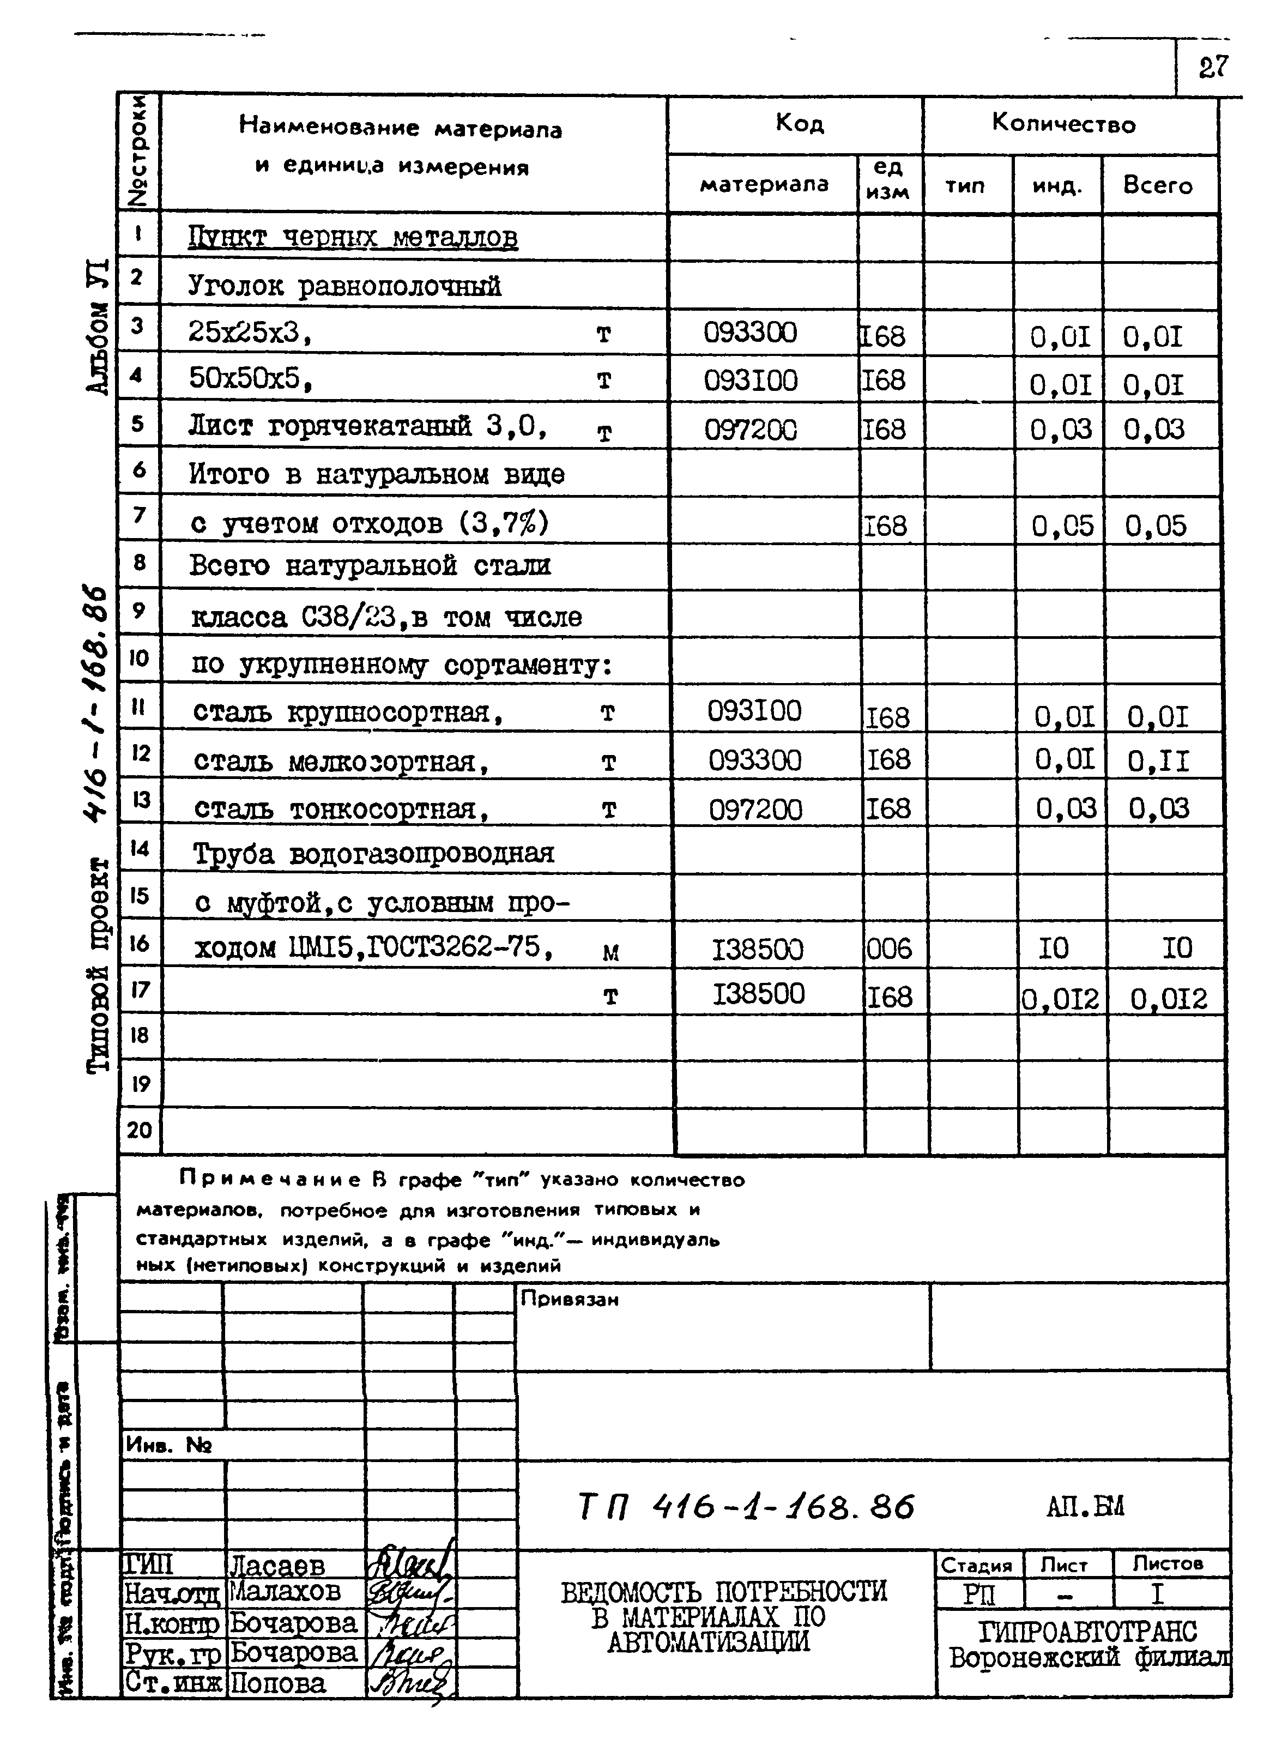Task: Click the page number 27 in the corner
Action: click(x=1213, y=67)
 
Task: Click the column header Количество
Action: click(x=1063, y=123)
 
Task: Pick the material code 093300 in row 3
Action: click(x=750, y=333)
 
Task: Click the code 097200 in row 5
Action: click(x=751, y=430)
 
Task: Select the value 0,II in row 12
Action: click(x=1159, y=761)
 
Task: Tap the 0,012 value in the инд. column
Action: click(x=1060, y=998)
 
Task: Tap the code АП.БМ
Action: click(x=1085, y=1507)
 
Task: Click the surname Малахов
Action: click(x=286, y=1590)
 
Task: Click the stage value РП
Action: click(x=979, y=1595)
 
